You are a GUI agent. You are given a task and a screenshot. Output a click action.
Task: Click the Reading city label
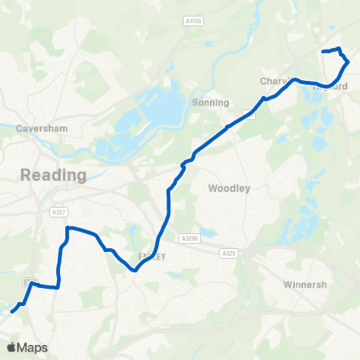[x=53, y=175]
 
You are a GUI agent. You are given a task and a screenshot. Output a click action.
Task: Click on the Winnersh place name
[x=307, y=285]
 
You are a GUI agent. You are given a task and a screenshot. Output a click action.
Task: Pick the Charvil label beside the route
[x=275, y=81]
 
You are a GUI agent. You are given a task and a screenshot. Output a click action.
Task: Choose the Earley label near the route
[x=151, y=256]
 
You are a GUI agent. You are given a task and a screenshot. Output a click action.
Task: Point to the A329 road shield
[x=229, y=254]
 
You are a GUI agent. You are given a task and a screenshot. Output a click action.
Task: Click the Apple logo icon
[x=11, y=347]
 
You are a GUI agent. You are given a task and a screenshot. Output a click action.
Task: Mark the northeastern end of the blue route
[x=322, y=51]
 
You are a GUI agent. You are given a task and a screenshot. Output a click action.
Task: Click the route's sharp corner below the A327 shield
[x=67, y=227]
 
